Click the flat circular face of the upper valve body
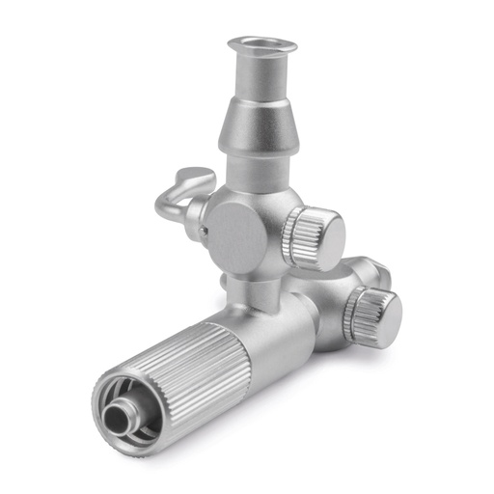point(234,234)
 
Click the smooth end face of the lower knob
point(383,317)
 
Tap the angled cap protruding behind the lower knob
point(370,269)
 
